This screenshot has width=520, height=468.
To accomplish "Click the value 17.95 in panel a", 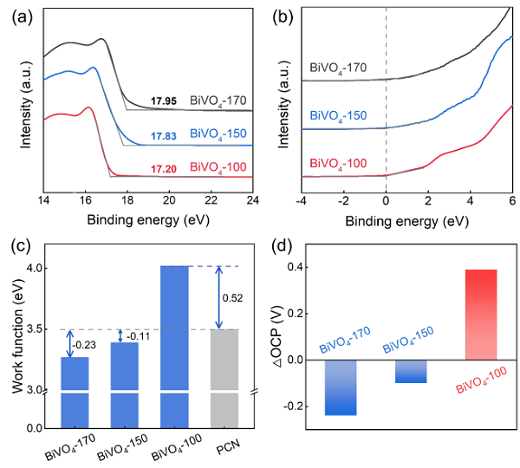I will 163,100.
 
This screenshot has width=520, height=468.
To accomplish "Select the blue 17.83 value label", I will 163,136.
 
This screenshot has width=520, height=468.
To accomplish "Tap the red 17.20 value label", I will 163,166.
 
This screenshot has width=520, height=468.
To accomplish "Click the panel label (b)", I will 278,12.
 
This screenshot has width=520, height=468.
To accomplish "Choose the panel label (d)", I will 279,245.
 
